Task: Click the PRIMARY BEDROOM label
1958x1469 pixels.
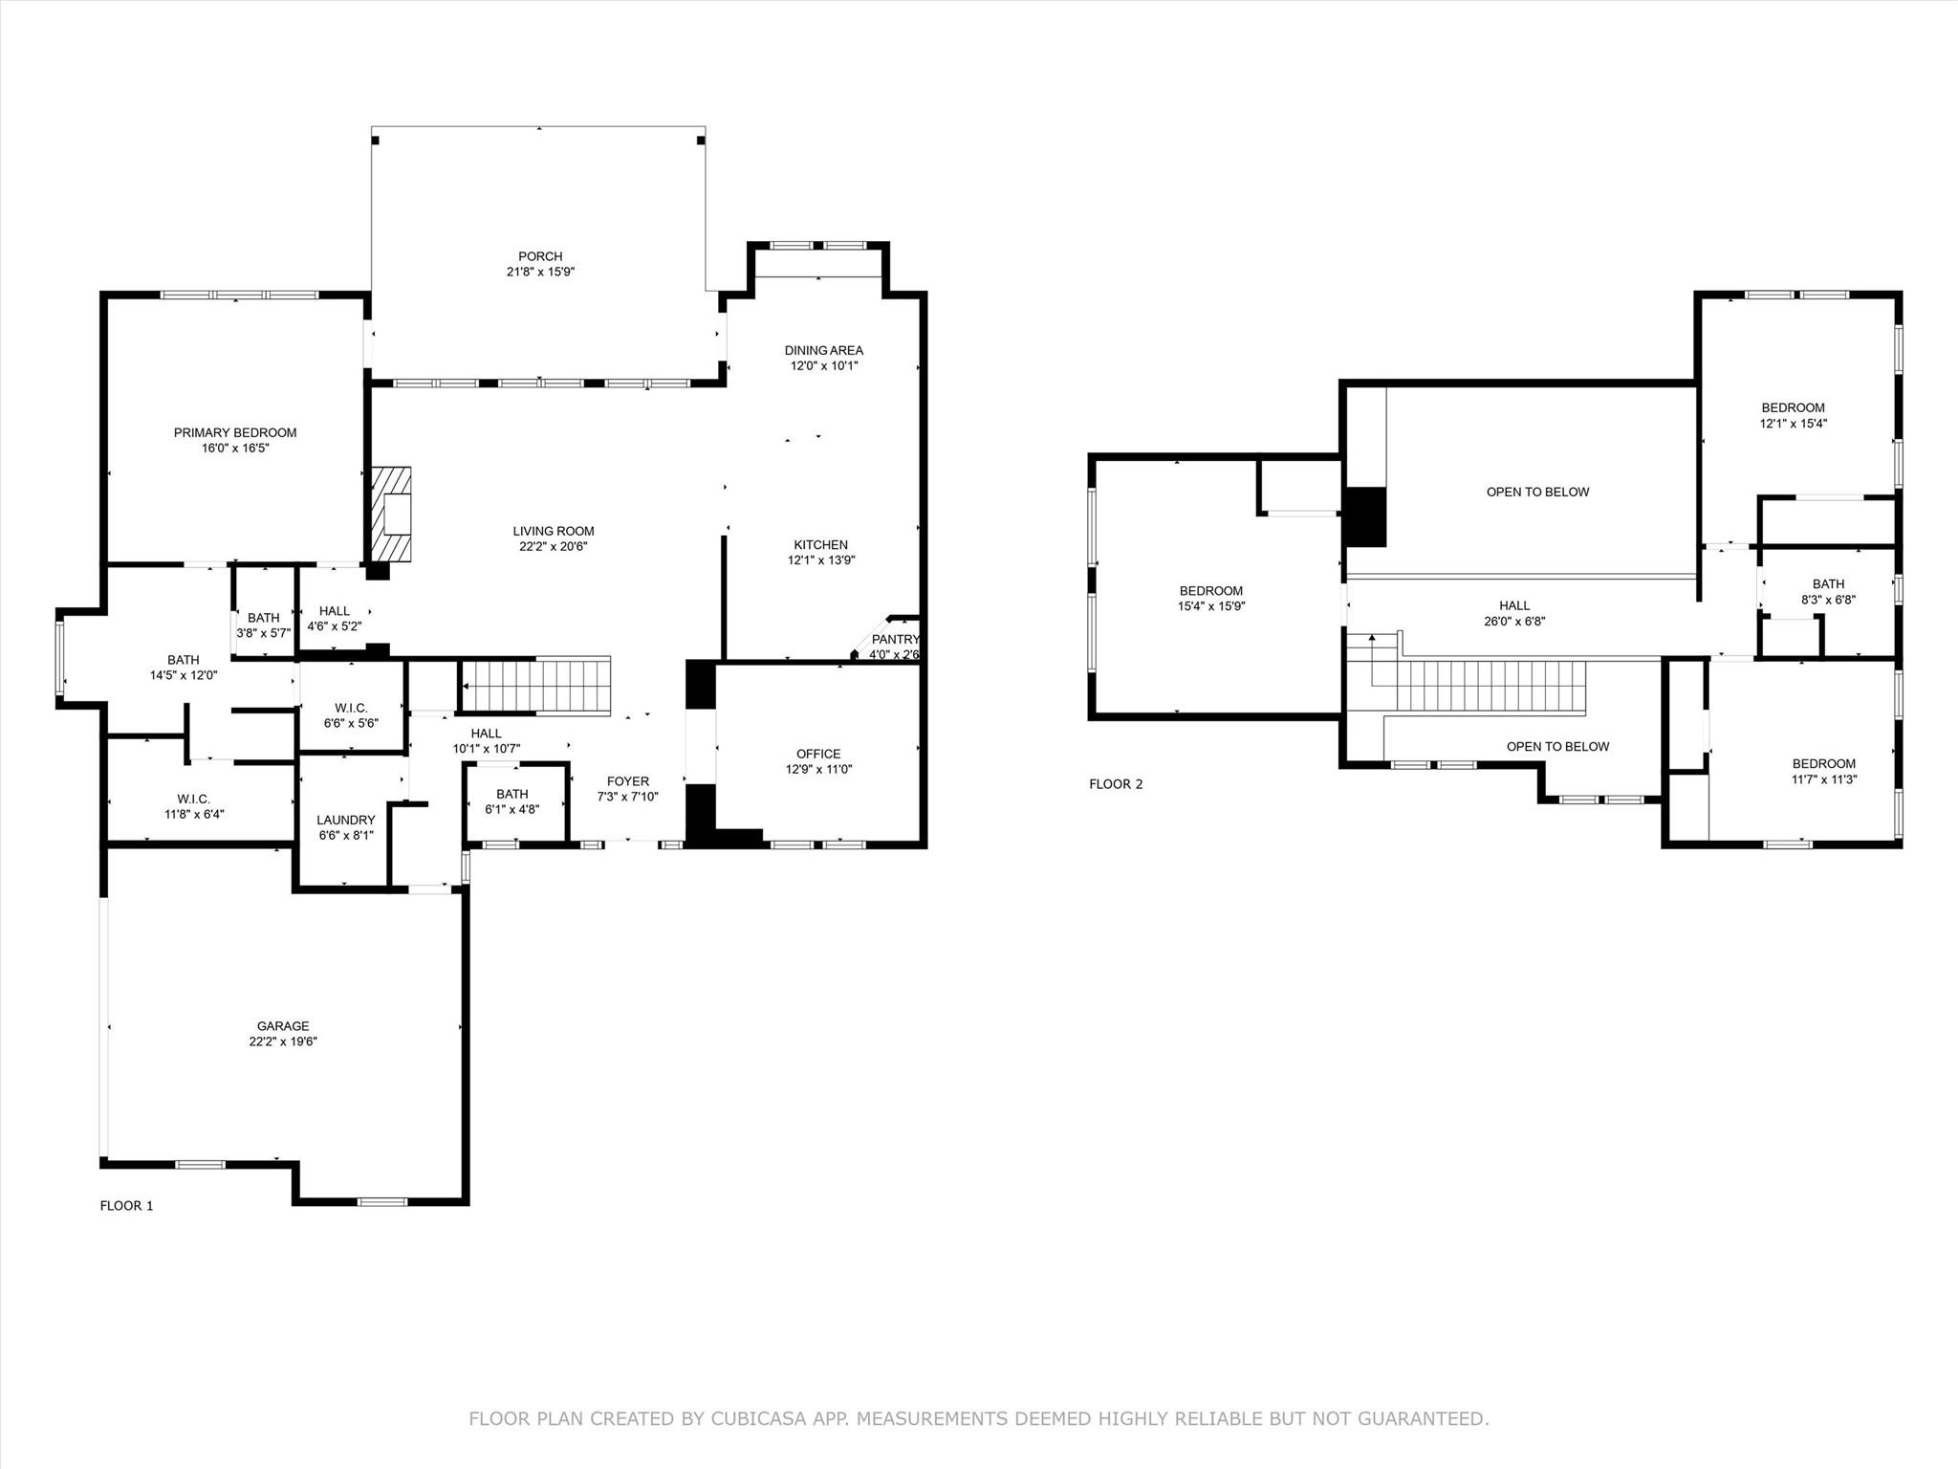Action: [x=235, y=433]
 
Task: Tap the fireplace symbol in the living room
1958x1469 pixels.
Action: [x=393, y=514]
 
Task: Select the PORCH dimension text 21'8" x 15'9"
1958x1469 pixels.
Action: [x=540, y=272]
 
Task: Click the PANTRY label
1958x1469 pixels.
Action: [x=895, y=640]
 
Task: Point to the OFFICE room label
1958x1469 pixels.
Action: [x=818, y=754]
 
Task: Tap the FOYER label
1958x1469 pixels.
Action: [x=628, y=781]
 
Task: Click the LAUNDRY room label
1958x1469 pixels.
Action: [x=345, y=820]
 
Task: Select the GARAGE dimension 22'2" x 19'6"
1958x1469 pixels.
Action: [x=283, y=1041]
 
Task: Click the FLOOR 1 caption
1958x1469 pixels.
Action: [x=126, y=1206]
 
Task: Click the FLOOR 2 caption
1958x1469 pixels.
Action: [x=1116, y=784]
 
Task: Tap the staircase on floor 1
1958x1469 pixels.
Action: [x=535, y=686]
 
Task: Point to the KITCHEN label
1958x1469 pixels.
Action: [x=820, y=545]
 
